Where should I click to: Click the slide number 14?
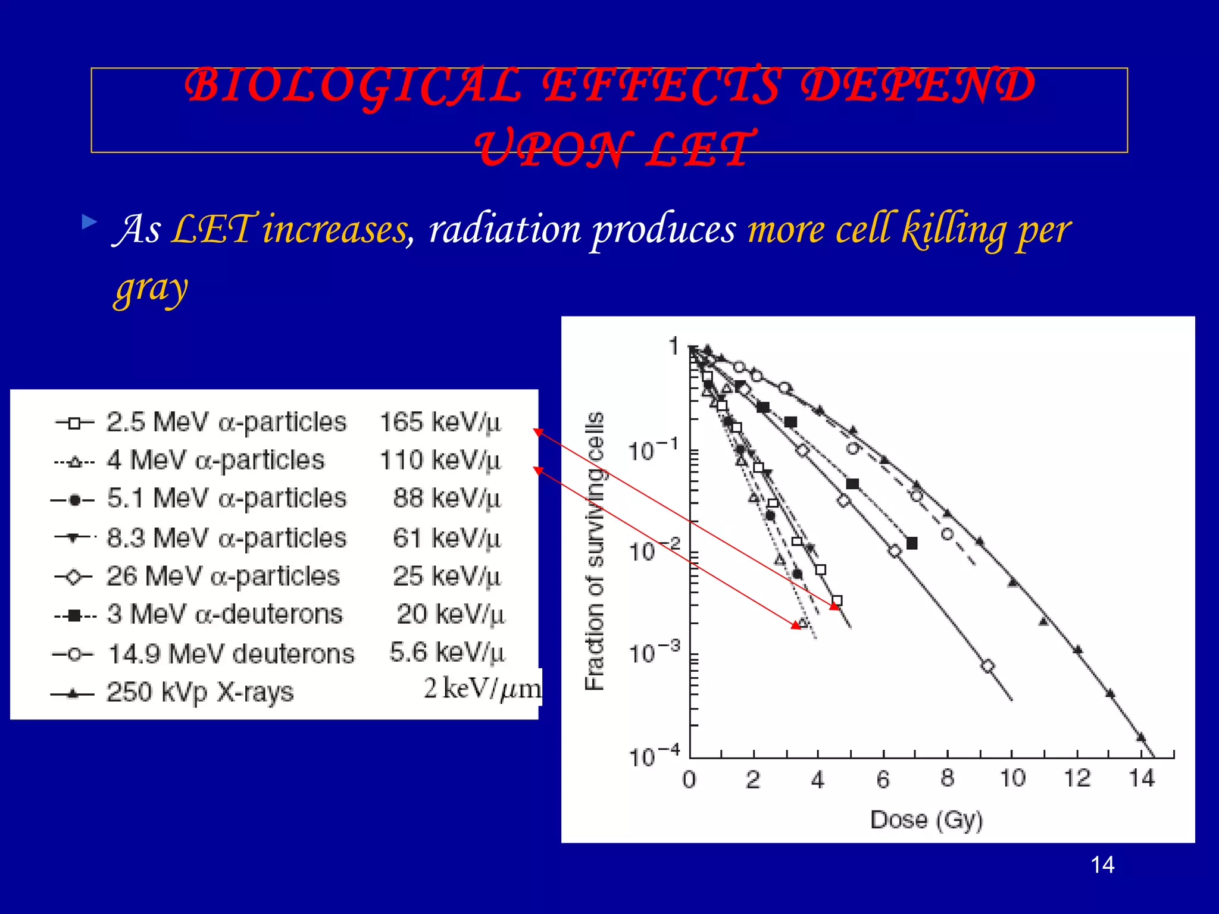tap(1102, 865)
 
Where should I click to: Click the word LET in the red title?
tap(701, 149)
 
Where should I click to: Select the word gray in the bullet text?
tap(152, 289)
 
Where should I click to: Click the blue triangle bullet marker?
tap(89, 223)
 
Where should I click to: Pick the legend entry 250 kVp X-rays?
tap(200, 692)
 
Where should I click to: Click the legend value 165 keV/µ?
tap(440, 422)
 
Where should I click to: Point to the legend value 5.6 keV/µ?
tap(447, 653)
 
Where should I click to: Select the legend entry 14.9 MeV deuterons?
tap(231, 654)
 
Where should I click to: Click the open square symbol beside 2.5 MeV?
tap(74, 424)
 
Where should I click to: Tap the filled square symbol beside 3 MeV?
tap(74, 615)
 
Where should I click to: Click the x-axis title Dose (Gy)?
tap(926, 820)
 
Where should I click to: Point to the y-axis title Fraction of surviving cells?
tap(595, 550)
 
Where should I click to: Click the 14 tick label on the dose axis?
tap(1142, 778)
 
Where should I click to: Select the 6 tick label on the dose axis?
tap(883, 779)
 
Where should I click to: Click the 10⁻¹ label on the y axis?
tap(654, 450)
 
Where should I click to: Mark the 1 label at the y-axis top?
tap(673, 346)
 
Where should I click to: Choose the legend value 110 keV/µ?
tap(440, 461)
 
